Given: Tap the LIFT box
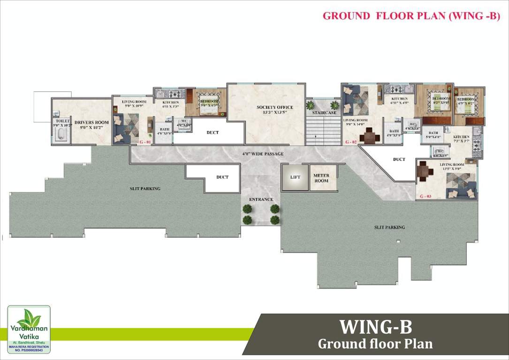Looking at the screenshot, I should pyautogui.click(x=295, y=178).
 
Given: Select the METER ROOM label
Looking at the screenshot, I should pyautogui.click(x=321, y=178).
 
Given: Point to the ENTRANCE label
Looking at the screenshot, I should pyautogui.click(x=261, y=200).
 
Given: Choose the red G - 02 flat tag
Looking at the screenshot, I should pyautogui.click(x=351, y=142).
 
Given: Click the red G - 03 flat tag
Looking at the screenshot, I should pyautogui.click(x=426, y=195).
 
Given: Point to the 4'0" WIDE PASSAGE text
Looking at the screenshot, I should pyautogui.click(x=263, y=154).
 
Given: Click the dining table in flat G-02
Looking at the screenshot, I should pyautogui.click(x=371, y=137).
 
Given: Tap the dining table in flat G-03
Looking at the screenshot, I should pyautogui.click(x=426, y=172).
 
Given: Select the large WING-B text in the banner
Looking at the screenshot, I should pyautogui.click(x=375, y=326).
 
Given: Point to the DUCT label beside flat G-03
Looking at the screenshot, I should pyautogui.click(x=399, y=159).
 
